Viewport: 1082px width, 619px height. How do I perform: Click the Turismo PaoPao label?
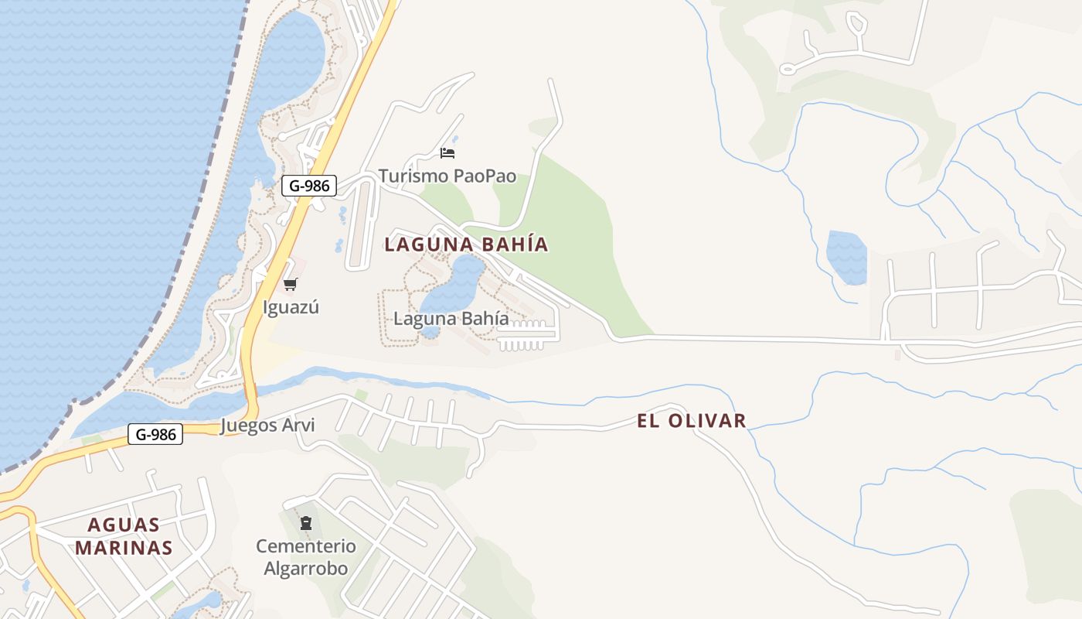(447, 176)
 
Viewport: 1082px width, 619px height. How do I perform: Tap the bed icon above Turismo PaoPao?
(447, 152)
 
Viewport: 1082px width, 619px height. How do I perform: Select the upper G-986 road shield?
(308, 186)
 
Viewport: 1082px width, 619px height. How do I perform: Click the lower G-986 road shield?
(155, 435)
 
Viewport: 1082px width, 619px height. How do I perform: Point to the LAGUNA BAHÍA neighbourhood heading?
(466, 245)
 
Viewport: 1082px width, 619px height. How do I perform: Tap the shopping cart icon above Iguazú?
(290, 285)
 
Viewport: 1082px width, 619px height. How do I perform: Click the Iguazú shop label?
(291, 307)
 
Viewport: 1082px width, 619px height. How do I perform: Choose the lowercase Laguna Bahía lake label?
(451, 318)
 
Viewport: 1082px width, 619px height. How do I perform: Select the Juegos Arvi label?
(267, 426)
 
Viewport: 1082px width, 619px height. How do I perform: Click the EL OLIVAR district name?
(692, 421)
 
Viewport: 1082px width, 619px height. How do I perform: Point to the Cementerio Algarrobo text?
(306, 557)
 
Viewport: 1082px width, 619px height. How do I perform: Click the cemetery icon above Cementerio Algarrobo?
(305, 523)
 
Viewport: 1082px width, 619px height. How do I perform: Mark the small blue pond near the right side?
(846, 257)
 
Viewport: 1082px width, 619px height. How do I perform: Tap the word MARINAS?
(129, 548)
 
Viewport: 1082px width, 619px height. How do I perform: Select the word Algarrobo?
(306, 569)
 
